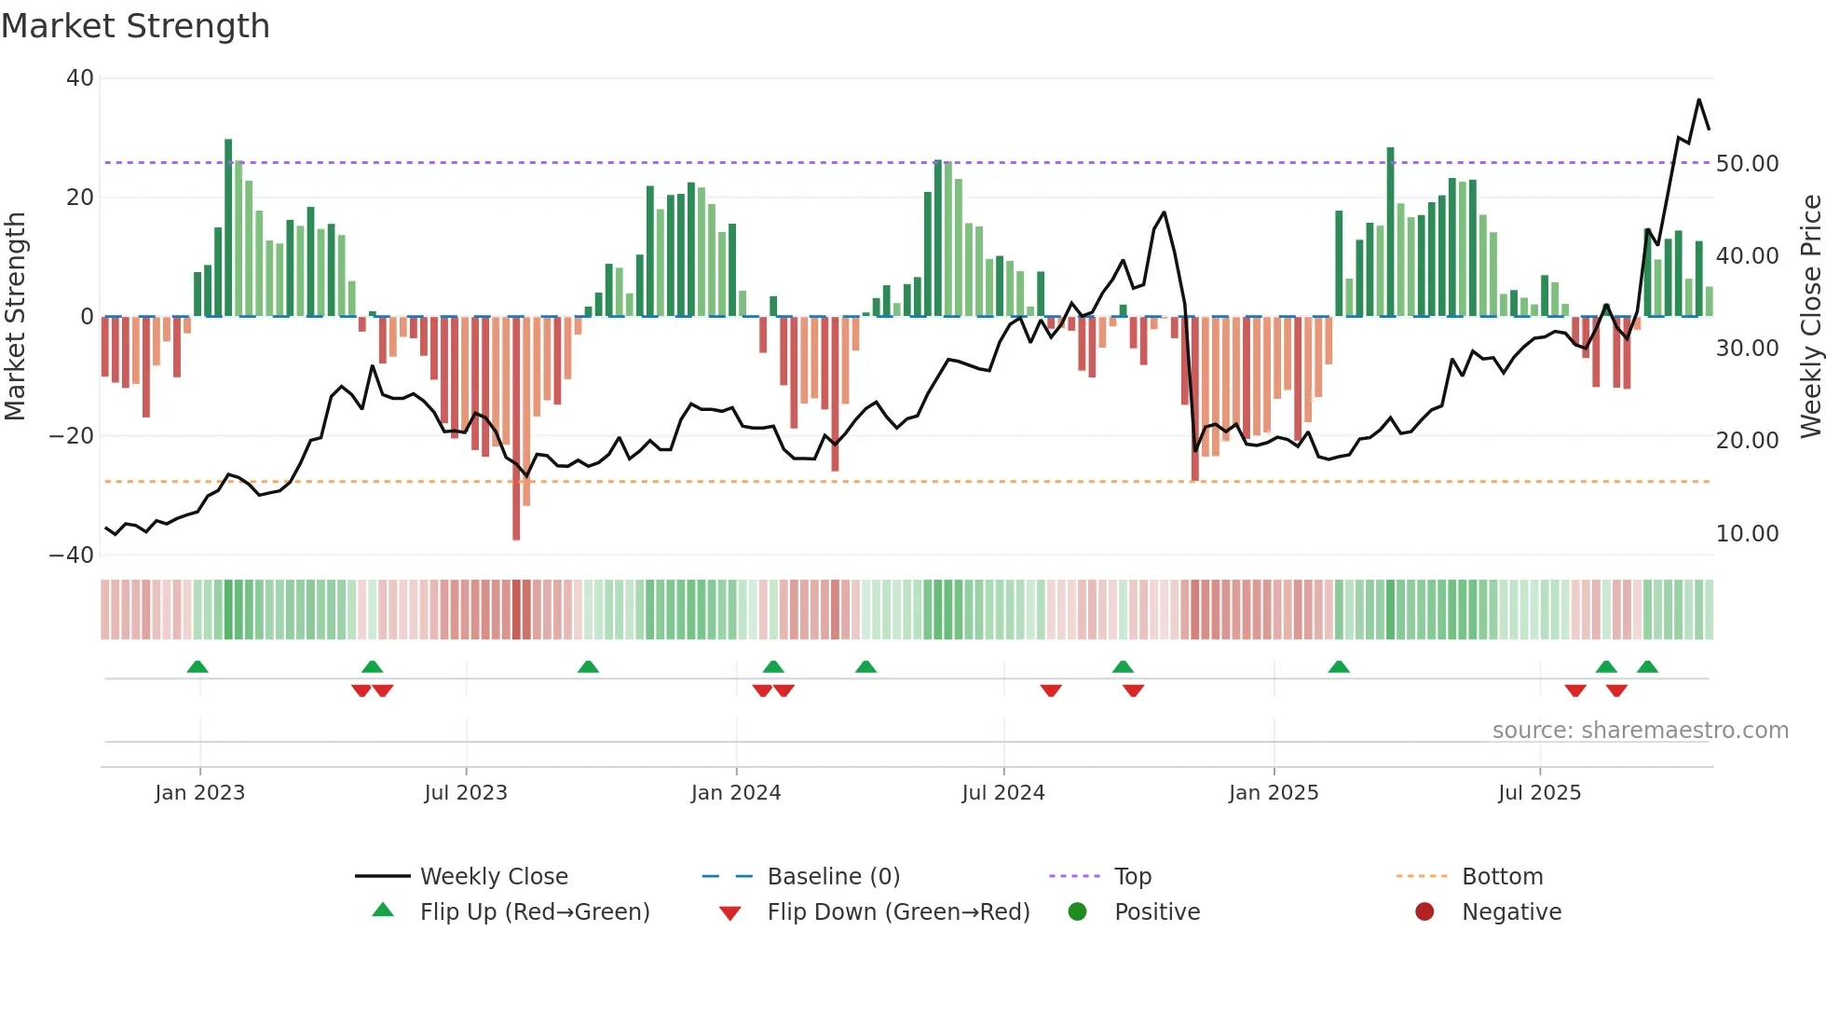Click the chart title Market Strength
tap(135, 26)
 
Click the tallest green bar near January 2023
tap(228, 227)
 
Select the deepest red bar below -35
tap(516, 428)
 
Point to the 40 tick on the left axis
tap(80, 78)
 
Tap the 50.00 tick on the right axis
tap(1747, 164)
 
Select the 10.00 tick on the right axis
tap(1747, 534)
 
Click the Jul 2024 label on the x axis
tap(1003, 793)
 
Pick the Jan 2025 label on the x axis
tap(1274, 793)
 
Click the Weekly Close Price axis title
tap(1810, 316)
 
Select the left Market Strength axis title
tap(16, 316)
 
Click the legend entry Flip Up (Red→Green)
tap(535, 912)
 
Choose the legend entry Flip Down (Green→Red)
tap(898, 912)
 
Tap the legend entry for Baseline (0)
tap(833, 877)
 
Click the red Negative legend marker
tap(1424, 912)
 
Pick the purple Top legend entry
tap(1133, 877)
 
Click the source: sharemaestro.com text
tap(1640, 731)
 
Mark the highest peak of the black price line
tap(1698, 100)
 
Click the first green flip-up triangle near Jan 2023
tap(198, 667)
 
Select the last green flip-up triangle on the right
tap(1647, 667)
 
